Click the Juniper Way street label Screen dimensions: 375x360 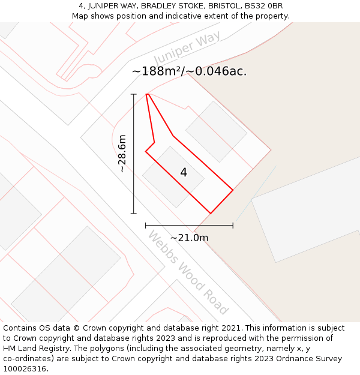click(187, 47)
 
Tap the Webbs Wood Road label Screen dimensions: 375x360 click(188, 272)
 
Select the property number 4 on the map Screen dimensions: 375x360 click(184, 173)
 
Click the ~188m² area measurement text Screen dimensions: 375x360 click(157, 71)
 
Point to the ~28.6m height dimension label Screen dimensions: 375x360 click(122, 154)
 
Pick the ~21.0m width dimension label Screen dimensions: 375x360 click(189, 238)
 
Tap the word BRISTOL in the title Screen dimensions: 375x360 click(221, 6)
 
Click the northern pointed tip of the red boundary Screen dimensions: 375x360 click(147, 94)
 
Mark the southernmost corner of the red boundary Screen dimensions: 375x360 click(211, 213)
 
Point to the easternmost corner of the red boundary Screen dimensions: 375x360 click(233, 191)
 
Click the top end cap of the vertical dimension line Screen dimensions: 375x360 click(134, 94)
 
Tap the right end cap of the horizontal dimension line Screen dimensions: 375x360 click(233, 226)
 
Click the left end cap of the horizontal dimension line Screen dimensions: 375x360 click(146, 226)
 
